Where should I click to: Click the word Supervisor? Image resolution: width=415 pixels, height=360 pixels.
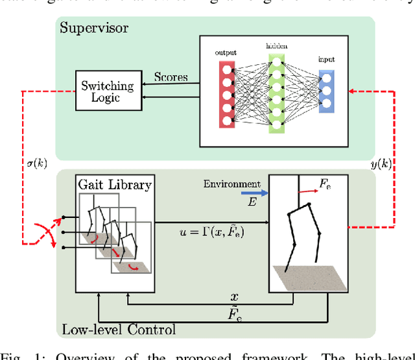[94, 28]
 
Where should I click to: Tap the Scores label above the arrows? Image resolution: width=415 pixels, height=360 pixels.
[171, 77]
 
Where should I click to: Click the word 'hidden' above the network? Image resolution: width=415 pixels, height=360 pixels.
[276, 47]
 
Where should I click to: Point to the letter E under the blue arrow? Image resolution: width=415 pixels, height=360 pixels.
[252, 202]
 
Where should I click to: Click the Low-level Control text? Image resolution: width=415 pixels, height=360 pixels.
[118, 330]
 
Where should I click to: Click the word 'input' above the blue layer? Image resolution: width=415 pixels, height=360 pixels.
[326, 58]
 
